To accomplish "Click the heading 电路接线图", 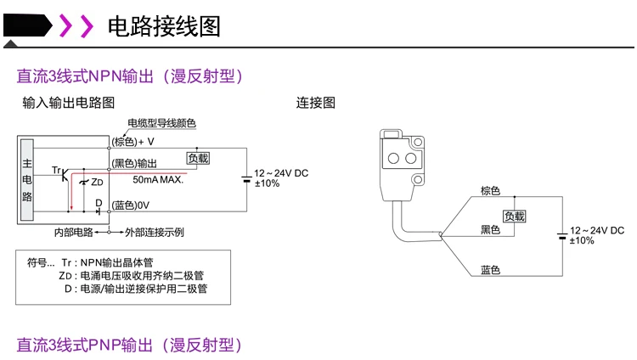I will click(164, 26).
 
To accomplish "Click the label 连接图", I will click(316, 103).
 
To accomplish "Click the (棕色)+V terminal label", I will click(132, 141).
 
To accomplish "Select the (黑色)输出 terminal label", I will click(134, 162).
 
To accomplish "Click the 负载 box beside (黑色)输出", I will click(198, 158).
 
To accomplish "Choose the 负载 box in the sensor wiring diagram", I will click(514, 216).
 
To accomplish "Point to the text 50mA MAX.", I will click(158, 180).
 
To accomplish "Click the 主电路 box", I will click(27, 180).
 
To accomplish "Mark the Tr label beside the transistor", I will click(56, 172).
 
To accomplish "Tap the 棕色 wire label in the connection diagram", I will click(490, 190).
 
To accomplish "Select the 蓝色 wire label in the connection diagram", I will click(490, 270).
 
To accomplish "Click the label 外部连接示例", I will click(155, 232).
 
